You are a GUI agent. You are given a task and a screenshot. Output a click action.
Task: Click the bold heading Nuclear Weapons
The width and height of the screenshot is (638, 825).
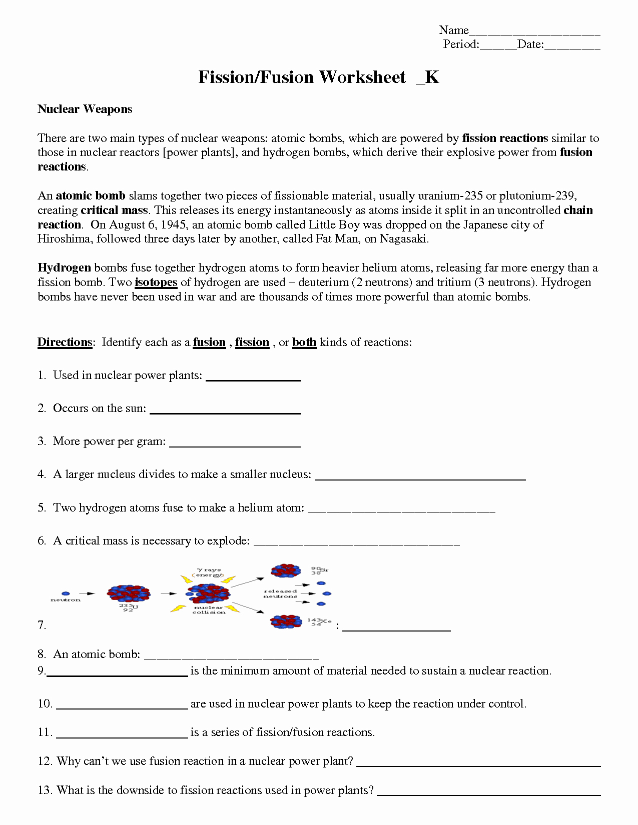pos(85,109)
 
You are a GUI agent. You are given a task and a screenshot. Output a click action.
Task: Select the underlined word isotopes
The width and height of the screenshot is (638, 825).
pos(156,282)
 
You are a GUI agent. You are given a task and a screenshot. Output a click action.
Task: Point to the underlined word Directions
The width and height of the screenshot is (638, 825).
pos(65,342)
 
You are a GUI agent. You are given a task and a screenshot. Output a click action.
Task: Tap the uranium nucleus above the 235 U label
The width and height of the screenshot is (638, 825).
pos(129,593)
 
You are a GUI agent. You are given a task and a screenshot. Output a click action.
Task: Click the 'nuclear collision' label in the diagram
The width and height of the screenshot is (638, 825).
pos(209,610)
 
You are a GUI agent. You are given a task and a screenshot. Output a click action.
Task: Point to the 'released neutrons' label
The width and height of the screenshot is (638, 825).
pos(280,593)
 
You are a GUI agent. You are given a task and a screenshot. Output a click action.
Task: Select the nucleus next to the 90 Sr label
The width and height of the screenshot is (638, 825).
pos(286,570)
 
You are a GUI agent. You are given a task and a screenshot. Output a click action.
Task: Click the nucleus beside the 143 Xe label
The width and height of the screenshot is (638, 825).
pos(286,621)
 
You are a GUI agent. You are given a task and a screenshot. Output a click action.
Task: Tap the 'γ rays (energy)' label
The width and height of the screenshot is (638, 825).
pos(209,572)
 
